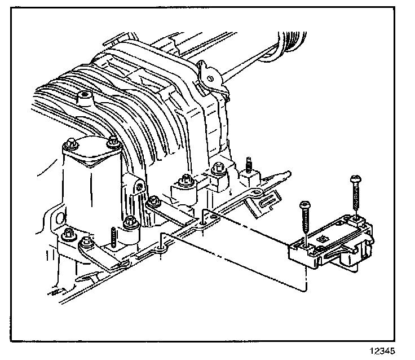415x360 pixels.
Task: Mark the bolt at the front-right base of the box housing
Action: (x=131, y=222)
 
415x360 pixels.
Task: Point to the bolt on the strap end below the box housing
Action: (x=86, y=244)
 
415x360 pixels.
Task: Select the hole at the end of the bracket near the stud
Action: (x=257, y=193)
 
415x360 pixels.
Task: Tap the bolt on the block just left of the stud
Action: (x=218, y=167)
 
